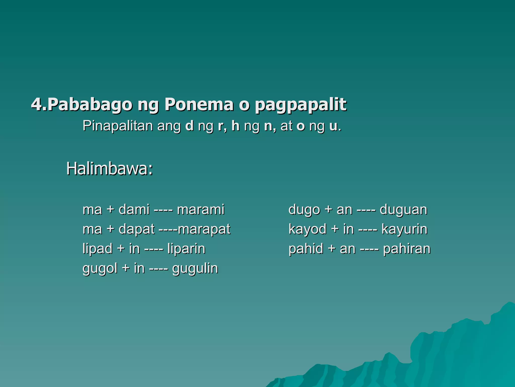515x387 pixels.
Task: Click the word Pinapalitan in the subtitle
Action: coord(118,126)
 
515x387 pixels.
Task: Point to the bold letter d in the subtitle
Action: coord(189,126)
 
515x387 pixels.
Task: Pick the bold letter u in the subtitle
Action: coord(333,126)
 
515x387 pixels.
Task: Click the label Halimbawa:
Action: coord(110,169)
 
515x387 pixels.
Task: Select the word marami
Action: coord(200,209)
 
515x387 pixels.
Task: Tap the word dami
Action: coord(134,209)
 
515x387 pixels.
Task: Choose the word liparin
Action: coord(186,249)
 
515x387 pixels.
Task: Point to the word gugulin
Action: coord(195,269)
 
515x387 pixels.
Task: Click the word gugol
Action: coord(100,269)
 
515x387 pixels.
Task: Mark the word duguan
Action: coord(403,210)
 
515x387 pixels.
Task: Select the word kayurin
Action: coord(404,229)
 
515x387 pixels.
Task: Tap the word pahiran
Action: coord(407,249)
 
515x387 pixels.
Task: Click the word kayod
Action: coord(307,229)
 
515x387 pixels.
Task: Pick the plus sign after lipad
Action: coord(121,249)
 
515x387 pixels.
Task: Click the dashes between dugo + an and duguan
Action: coord(366,210)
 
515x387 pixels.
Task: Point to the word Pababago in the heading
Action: coord(90,104)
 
